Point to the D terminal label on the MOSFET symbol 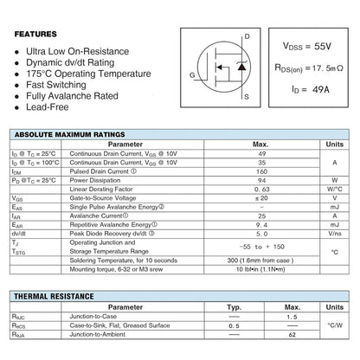pos(247,36)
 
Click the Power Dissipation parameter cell pos(95,180)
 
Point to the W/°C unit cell pos(336,188)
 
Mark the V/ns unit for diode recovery pos(336,233)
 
